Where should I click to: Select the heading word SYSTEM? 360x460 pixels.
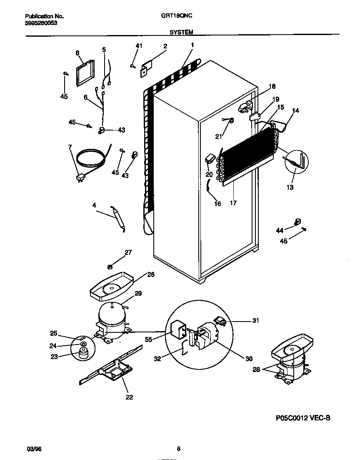(x=181, y=32)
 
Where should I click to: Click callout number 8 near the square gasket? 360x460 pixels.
(x=77, y=53)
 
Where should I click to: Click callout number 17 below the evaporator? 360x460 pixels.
(x=233, y=203)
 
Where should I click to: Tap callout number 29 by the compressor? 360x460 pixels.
(x=138, y=294)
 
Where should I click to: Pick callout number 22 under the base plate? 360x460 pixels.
(x=129, y=397)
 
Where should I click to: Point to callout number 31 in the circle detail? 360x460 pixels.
(x=255, y=320)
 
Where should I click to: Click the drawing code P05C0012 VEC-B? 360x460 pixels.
(x=303, y=418)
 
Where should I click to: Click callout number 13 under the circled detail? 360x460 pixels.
(x=290, y=187)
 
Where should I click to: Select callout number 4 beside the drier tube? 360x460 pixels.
(x=94, y=205)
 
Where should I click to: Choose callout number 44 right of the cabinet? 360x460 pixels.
(x=279, y=230)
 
